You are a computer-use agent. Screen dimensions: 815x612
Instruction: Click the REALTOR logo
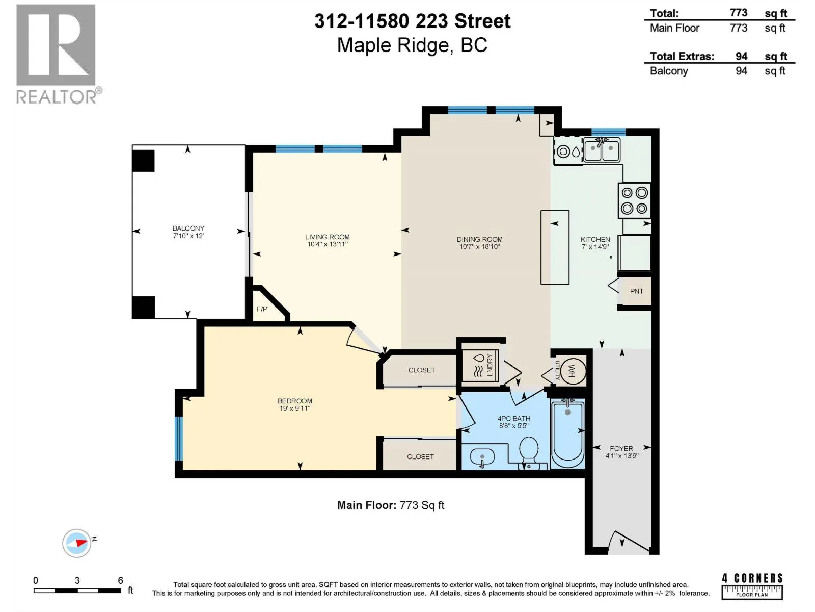tap(59, 54)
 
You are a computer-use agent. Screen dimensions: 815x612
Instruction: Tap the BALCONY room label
tap(188, 228)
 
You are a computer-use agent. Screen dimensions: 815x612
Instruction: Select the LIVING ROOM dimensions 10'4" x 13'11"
tap(327, 244)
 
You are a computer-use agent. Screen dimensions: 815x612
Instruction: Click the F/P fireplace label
tap(262, 309)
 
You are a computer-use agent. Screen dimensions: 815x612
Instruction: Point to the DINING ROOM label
tap(479, 239)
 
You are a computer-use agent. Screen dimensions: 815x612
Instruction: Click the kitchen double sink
tap(602, 149)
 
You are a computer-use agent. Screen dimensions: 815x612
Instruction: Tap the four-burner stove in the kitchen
tap(634, 200)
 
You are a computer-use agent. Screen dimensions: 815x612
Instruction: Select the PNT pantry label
tap(636, 291)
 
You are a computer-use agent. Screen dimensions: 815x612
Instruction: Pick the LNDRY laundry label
tap(490, 365)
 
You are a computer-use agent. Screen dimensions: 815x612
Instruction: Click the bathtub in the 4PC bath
tap(568, 433)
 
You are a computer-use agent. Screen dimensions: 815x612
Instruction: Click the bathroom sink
tap(482, 457)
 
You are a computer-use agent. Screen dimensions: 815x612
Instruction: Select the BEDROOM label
tap(295, 401)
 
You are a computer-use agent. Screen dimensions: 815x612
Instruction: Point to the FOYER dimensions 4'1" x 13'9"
tap(621, 455)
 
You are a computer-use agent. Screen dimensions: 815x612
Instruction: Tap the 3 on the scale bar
tap(77, 580)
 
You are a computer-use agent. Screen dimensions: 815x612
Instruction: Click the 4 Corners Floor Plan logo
tap(752, 586)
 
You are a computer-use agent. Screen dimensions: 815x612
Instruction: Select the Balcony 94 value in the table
tap(741, 70)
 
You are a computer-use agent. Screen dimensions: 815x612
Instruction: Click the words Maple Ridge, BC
tap(412, 45)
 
